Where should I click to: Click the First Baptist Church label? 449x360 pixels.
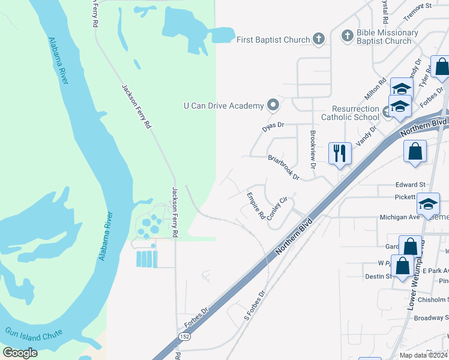tap(273, 40)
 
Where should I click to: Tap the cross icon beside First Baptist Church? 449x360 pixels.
tap(319, 40)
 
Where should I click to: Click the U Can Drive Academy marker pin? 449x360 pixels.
tap(273, 106)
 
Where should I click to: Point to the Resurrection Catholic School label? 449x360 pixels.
tap(350, 113)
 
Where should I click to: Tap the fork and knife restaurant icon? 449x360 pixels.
tap(340, 153)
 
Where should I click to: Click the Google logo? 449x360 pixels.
tap(20, 352)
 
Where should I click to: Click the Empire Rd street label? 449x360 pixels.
tap(256, 206)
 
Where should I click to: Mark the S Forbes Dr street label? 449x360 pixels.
tap(255, 307)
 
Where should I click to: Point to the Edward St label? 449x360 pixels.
tap(410, 185)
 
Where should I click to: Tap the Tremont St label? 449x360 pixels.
tap(418, 6)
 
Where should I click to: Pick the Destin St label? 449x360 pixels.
tap(378, 277)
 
